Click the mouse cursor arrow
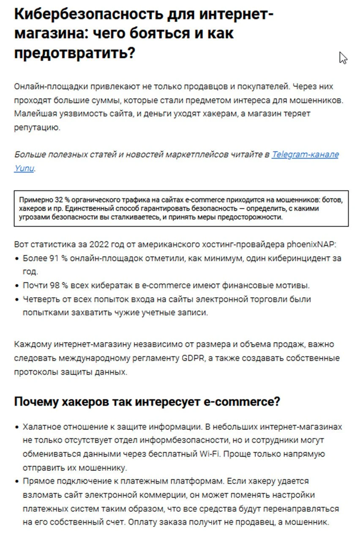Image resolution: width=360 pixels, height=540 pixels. coord(342,58)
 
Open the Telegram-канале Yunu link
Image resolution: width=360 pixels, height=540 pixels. coord(305,155)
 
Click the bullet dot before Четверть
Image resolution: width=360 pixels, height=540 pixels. coord(17,299)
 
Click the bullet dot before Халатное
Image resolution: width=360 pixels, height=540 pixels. coord(17,427)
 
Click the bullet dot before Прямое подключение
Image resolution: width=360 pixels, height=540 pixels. coord(17,482)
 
